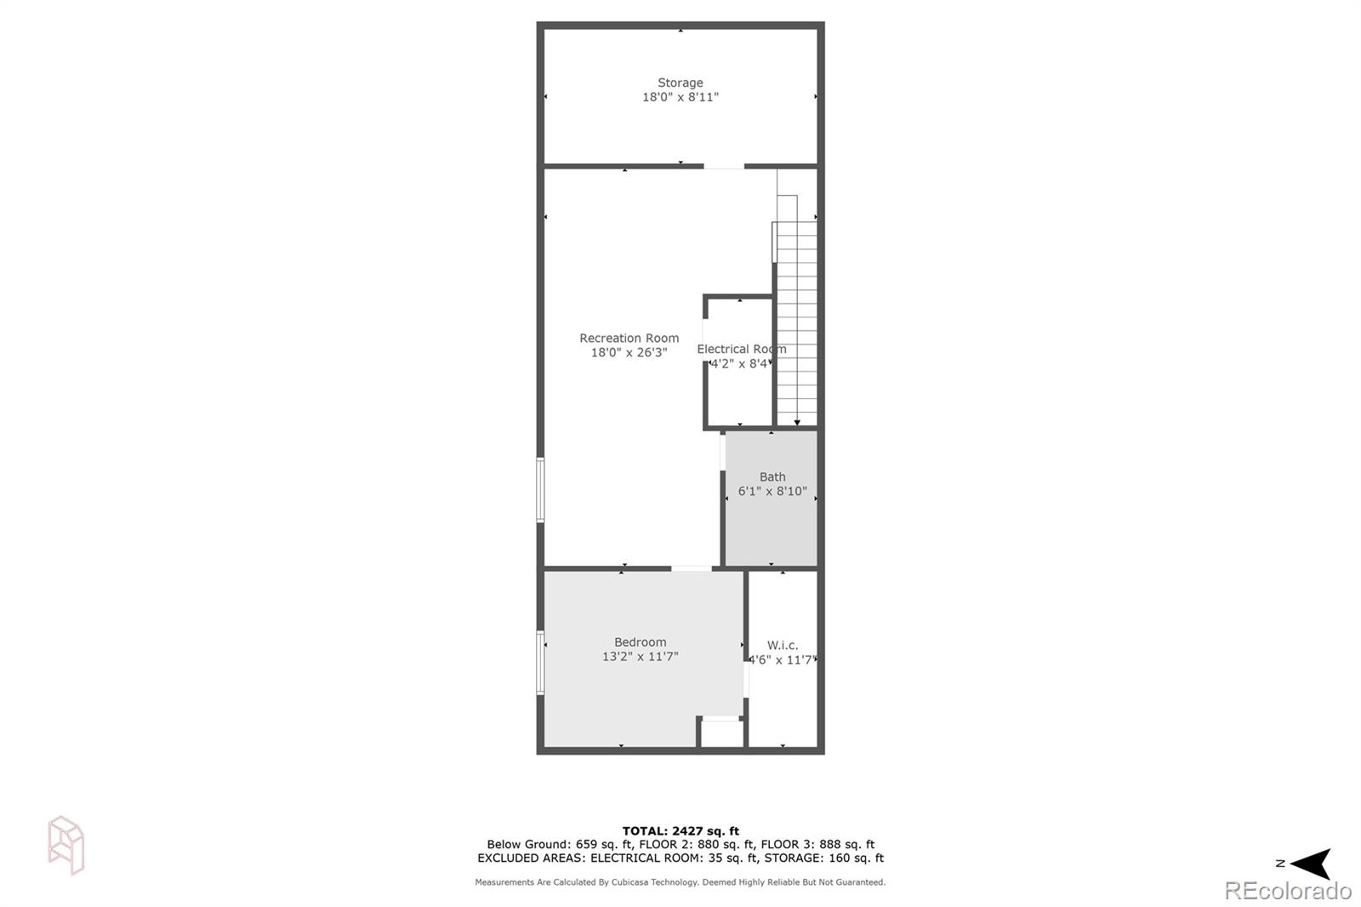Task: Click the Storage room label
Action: [x=680, y=83]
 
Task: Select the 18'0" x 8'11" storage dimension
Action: [x=680, y=97]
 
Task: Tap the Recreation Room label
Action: [x=629, y=338]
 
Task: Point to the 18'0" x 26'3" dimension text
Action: [x=629, y=352]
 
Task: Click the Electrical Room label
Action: [x=741, y=349]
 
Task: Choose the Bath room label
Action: [x=772, y=476]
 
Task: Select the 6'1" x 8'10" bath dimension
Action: [x=772, y=491]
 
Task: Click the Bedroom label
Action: [x=640, y=642]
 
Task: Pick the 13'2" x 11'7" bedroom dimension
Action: [x=640, y=657]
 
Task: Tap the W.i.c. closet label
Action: [x=783, y=645]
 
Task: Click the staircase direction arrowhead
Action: [x=797, y=421]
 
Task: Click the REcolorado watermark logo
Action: [x=1287, y=891]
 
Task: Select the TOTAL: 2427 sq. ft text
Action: [x=680, y=831]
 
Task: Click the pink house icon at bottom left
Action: [x=66, y=845]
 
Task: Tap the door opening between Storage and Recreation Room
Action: [x=724, y=166]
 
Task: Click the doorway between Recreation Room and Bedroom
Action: [x=692, y=568]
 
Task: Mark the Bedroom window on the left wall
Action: [x=540, y=663]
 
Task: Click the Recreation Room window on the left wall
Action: [x=540, y=490]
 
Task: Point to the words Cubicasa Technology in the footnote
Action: [x=653, y=882]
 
